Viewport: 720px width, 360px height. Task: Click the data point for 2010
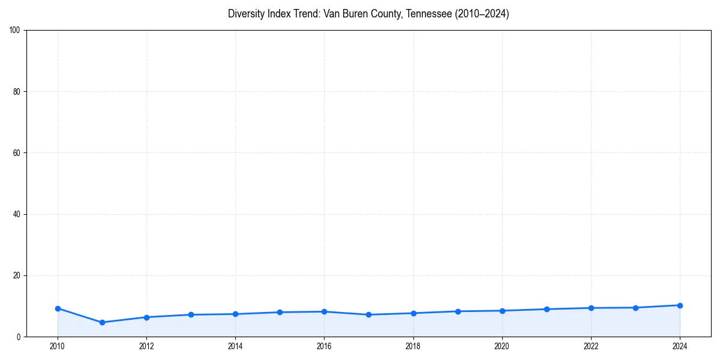(x=58, y=308)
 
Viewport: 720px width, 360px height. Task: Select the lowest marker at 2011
(x=102, y=322)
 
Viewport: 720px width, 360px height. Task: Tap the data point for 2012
(x=146, y=317)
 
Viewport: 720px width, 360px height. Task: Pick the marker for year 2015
(x=280, y=312)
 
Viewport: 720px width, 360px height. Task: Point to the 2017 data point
(x=368, y=314)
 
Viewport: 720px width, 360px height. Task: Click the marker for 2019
(x=458, y=311)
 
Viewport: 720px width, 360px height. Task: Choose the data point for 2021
(x=547, y=309)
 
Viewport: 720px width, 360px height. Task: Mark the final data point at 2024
(x=680, y=305)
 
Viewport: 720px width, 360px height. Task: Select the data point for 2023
(x=635, y=308)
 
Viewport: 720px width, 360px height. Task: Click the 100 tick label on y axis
(x=15, y=30)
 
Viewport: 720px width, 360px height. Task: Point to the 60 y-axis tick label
(x=17, y=153)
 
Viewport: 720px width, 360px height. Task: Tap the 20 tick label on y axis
(x=17, y=275)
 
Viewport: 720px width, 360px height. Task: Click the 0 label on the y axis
(x=19, y=337)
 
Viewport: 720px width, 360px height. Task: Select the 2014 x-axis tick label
(x=235, y=346)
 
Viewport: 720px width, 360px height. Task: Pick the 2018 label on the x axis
(x=413, y=346)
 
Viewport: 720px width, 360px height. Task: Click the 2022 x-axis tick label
(x=591, y=346)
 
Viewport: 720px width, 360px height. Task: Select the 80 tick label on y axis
(x=17, y=92)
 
